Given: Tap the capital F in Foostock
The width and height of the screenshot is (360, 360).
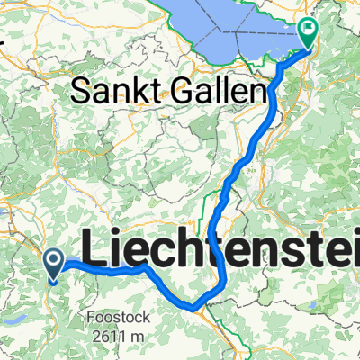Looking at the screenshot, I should click(x=91, y=317).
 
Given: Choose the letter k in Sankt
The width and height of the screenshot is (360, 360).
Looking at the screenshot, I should click(x=137, y=91).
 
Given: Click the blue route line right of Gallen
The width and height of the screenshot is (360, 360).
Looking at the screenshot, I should click(x=271, y=99).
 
